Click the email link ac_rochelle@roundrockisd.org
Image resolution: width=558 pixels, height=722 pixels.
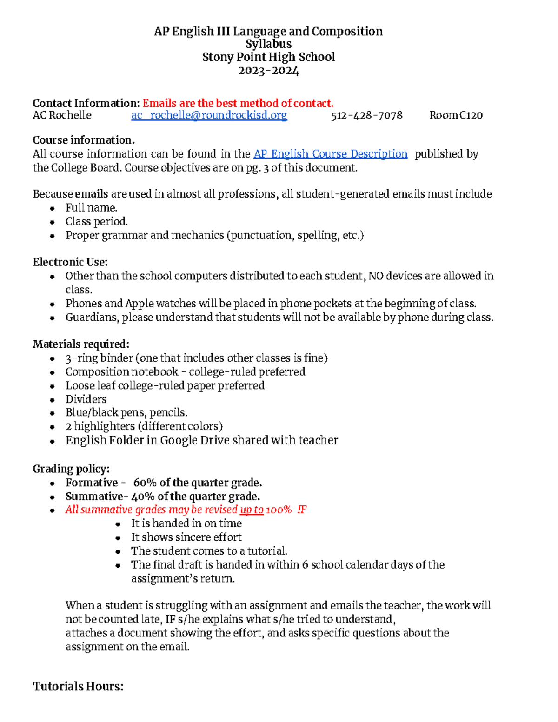(x=209, y=115)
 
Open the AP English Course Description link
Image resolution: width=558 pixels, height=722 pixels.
(x=330, y=154)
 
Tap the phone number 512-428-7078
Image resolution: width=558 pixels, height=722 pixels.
(x=366, y=115)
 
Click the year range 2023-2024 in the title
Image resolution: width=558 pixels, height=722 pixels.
(x=268, y=71)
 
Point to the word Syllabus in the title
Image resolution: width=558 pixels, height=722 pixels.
(x=268, y=44)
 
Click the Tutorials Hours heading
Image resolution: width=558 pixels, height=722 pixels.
(x=78, y=686)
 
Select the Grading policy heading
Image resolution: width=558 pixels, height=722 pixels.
(x=71, y=469)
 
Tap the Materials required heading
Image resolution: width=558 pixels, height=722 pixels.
(x=81, y=344)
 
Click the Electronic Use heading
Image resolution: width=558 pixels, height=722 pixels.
(x=70, y=262)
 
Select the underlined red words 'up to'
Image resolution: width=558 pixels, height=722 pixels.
(x=252, y=510)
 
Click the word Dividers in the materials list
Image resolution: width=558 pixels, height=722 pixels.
(x=86, y=399)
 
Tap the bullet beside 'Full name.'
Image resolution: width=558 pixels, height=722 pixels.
(x=53, y=209)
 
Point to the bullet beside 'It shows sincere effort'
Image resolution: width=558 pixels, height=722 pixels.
(x=118, y=538)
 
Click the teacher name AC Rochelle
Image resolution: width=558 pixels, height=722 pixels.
(x=62, y=115)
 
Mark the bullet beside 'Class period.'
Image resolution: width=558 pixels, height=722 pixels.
(x=53, y=222)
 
